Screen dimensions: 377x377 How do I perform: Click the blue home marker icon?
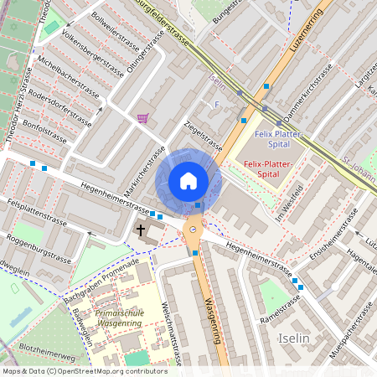point(188,180)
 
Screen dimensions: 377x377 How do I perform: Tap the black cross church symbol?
point(142,229)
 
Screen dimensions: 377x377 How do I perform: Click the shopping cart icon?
point(142,118)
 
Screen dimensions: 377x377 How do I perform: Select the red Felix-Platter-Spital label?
point(271,169)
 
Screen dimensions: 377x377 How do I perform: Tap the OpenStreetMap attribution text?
point(84,370)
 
